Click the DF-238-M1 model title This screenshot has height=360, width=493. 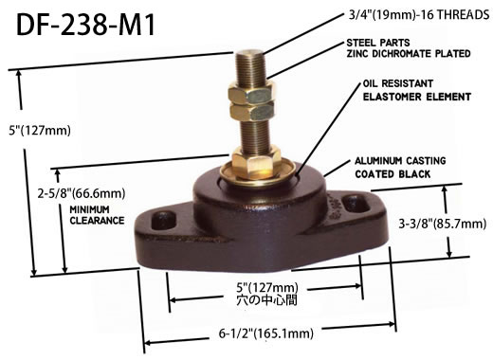coord(85,25)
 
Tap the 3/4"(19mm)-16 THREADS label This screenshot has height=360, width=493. coord(419,15)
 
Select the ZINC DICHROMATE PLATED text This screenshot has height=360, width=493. coord(409,54)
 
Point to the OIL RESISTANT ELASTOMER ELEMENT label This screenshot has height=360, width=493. coord(417,90)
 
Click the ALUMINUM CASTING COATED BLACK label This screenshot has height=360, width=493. coord(400,168)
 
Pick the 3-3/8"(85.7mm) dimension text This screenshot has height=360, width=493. coord(443,224)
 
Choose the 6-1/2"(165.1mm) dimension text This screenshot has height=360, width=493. coord(266,333)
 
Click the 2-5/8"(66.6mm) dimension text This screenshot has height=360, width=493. coord(82,193)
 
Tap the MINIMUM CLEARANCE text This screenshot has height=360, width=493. coord(97,215)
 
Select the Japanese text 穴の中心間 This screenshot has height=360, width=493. coord(267,300)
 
